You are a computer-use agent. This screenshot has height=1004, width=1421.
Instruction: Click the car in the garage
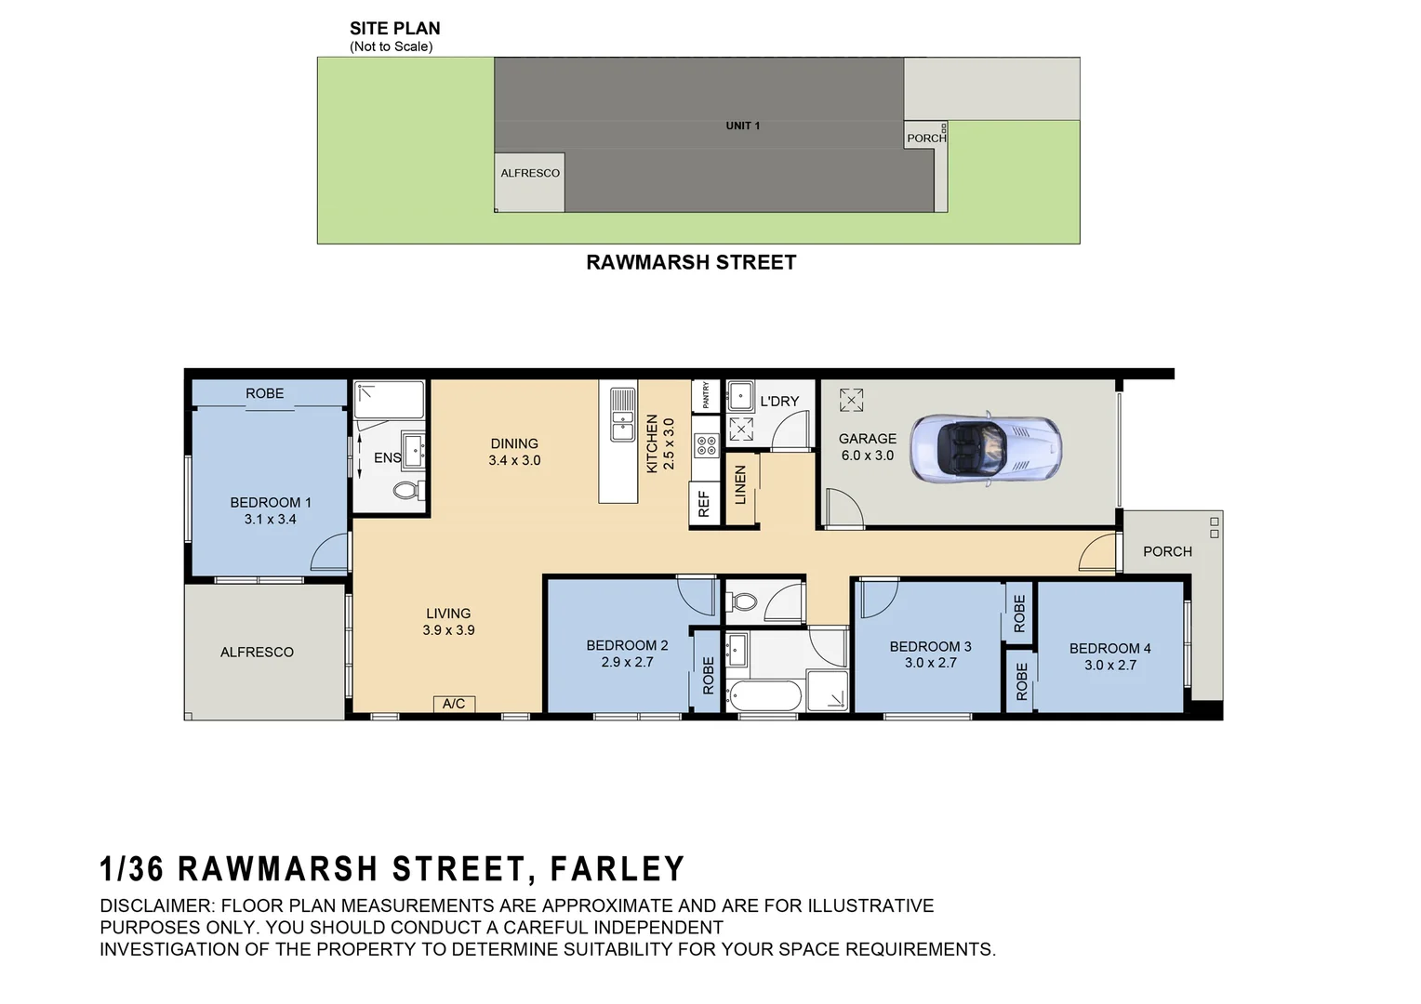(986, 448)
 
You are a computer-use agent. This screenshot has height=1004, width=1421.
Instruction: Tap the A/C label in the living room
(454, 704)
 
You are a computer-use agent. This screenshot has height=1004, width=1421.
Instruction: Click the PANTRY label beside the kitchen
(706, 395)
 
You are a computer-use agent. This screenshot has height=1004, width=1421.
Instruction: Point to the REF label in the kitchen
(704, 505)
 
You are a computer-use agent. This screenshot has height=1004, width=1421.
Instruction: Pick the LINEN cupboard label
(741, 485)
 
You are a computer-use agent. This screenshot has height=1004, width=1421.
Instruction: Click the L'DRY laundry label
(779, 402)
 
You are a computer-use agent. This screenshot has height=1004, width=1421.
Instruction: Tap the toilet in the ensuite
(406, 490)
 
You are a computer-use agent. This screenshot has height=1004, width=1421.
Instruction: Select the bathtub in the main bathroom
(765, 694)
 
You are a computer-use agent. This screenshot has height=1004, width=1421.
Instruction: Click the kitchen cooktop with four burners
(707, 444)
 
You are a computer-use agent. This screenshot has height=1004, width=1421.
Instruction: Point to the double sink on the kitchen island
(622, 414)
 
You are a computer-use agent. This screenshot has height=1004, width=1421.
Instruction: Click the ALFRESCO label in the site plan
(530, 173)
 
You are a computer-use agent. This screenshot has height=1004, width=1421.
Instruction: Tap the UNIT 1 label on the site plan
(743, 125)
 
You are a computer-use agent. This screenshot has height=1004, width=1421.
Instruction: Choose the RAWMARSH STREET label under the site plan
(691, 262)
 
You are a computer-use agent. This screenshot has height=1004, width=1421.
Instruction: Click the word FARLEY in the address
(618, 869)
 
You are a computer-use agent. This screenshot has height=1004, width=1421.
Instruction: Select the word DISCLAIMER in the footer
(156, 905)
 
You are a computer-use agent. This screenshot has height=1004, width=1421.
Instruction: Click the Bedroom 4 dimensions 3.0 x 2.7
(1110, 665)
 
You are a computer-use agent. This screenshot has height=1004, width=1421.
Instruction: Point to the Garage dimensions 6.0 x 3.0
(868, 456)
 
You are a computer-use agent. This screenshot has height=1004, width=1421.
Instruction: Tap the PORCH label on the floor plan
(1167, 551)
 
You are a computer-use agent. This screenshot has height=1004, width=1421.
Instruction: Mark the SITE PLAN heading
(395, 29)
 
